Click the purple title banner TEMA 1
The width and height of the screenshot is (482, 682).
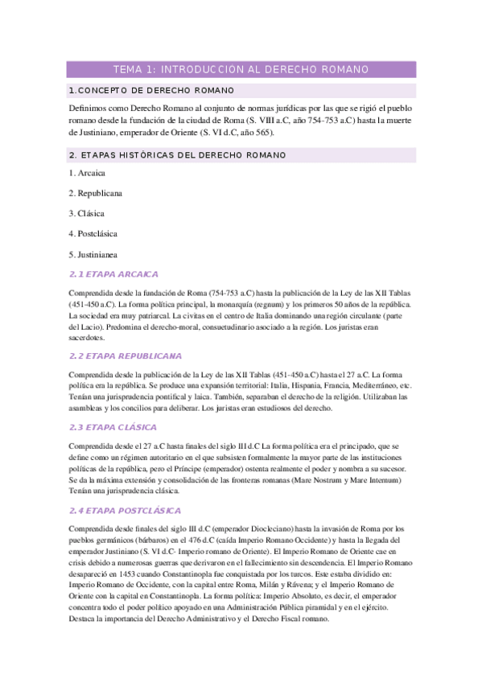tap(241, 70)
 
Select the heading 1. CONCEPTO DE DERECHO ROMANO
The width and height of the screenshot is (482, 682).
tap(152, 90)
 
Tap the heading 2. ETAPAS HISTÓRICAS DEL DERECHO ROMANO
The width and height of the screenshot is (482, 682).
tap(178, 154)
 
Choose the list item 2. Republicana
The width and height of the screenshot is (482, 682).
tap(96, 193)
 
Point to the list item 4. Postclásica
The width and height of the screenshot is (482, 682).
tap(93, 233)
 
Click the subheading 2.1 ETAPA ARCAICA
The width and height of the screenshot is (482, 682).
tap(114, 274)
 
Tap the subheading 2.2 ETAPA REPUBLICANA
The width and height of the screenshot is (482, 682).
tap(126, 355)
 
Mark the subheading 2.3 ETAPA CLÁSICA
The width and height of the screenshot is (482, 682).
tap(113, 427)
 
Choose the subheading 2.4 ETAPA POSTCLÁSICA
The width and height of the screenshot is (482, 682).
tap(126, 510)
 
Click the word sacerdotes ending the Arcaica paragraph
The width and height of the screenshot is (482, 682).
tap(89, 338)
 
